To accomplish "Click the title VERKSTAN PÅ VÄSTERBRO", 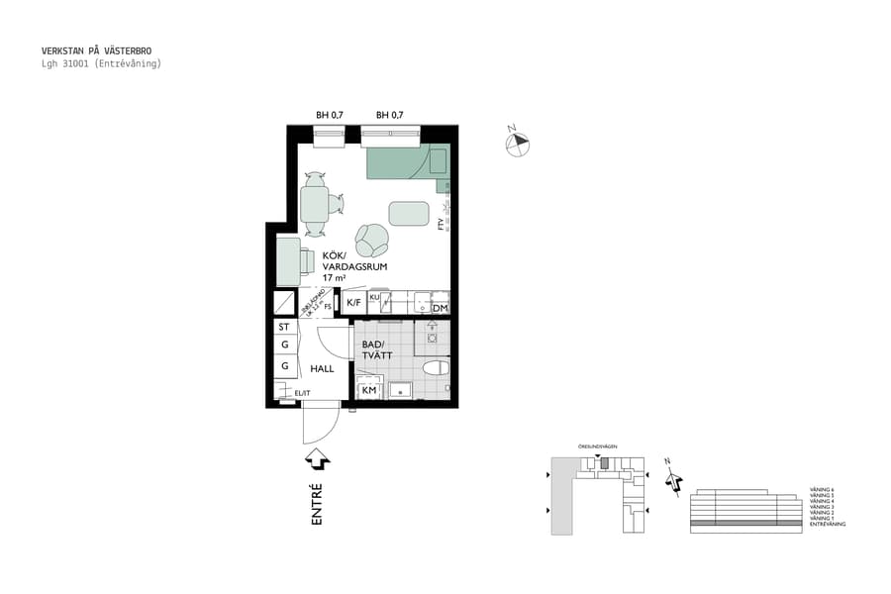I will point(97,50).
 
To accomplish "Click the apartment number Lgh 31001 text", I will point(101,63).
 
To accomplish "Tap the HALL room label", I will point(322,368).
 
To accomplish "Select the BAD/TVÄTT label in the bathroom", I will point(377,350).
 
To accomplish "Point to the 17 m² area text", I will point(333,278).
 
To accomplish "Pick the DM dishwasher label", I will point(441,309).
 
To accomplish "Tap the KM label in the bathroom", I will point(369,391).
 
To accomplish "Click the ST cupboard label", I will point(284,327).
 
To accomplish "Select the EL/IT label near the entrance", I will point(301,394).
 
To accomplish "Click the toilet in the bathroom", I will point(435,369).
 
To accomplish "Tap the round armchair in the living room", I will point(372,238).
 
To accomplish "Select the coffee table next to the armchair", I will point(410,214).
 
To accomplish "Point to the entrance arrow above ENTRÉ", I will point(318,459).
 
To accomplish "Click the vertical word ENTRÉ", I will point(318,503).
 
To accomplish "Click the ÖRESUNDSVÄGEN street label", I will point(598,447).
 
